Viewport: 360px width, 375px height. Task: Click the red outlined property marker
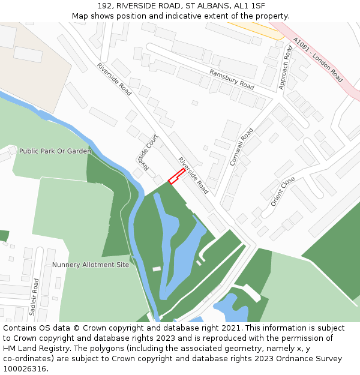click(x=176, y=176)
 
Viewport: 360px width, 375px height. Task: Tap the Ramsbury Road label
click(x=232, y=79)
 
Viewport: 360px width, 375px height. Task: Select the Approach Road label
click(x=285, y=68)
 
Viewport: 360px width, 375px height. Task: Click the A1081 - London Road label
click(x=318, y=60)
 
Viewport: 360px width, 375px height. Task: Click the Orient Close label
click(x=283, y=191)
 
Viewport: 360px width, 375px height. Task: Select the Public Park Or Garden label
click(x=55, y=151)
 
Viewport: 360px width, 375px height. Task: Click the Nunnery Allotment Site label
click(x=91, y=265)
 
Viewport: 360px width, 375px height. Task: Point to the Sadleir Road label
click(x=34, y=296)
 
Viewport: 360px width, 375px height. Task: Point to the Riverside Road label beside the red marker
click(x=193, y=175)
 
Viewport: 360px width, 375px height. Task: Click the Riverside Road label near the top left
click(x=114, y=79)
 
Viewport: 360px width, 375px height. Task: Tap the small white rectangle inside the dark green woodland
click(x=157, y=269)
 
